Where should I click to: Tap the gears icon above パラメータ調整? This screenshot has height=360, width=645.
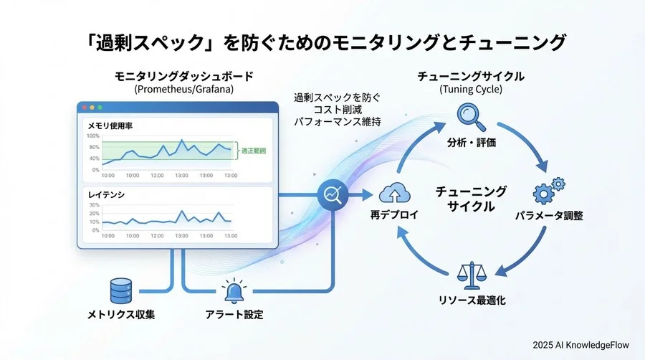tap(549, 192)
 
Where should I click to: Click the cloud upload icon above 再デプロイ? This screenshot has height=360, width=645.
tap(394, 194)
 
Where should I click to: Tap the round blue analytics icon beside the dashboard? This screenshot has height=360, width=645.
tap(332, 194)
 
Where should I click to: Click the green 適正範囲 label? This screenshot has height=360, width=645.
tap(254, 151)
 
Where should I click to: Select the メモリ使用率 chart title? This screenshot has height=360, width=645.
tap(110, 125)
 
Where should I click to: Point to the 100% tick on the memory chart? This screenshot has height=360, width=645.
tap(93, 136)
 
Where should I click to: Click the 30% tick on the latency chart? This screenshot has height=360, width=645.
tap(94, 205)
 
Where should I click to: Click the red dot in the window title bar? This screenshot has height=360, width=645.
tap(84, 107)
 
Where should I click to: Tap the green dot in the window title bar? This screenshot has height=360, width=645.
tap(100, 107)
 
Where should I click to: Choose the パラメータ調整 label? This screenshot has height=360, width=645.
tap(549, 215)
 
